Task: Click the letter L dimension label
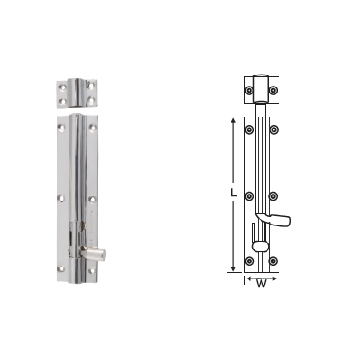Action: tap(234, 194)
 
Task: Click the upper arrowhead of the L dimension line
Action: tap(231, 118)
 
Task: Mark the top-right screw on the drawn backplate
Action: tap(273, 130)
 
